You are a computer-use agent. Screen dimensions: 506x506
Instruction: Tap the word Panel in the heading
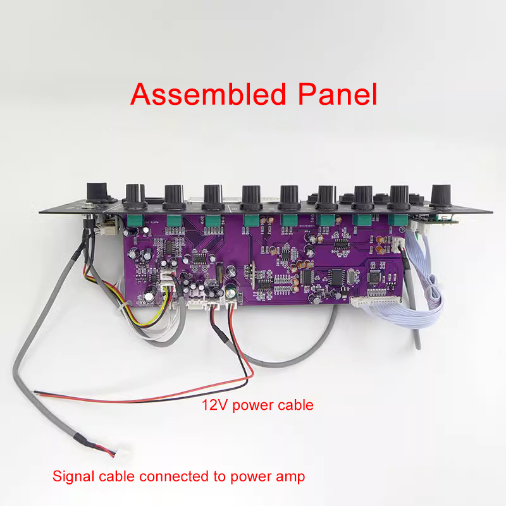(337, 94)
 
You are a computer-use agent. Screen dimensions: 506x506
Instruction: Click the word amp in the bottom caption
(289, 477)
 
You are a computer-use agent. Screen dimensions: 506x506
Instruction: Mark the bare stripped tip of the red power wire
(38, 392)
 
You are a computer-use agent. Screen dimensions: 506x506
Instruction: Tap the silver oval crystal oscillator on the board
(351, 277)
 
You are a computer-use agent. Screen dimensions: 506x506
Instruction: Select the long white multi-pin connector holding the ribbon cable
(375, 301)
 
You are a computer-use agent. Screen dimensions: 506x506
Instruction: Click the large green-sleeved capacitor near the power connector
(231, 293)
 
